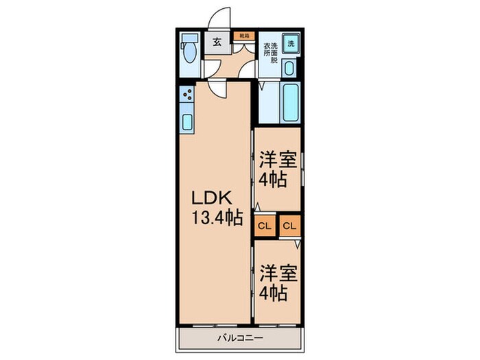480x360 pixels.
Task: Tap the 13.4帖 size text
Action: point(217,219)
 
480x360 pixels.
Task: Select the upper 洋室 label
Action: point(278,160)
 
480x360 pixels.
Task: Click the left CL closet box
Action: point(265,226)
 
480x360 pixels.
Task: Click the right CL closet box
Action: point(289,226)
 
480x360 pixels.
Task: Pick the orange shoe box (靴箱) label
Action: point(243,34)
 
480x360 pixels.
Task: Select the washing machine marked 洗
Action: point(291,42)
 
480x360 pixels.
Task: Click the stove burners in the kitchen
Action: point(187,97)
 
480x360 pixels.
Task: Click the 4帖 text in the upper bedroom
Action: point(274,181)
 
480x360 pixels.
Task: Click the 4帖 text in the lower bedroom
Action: point(274,293)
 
